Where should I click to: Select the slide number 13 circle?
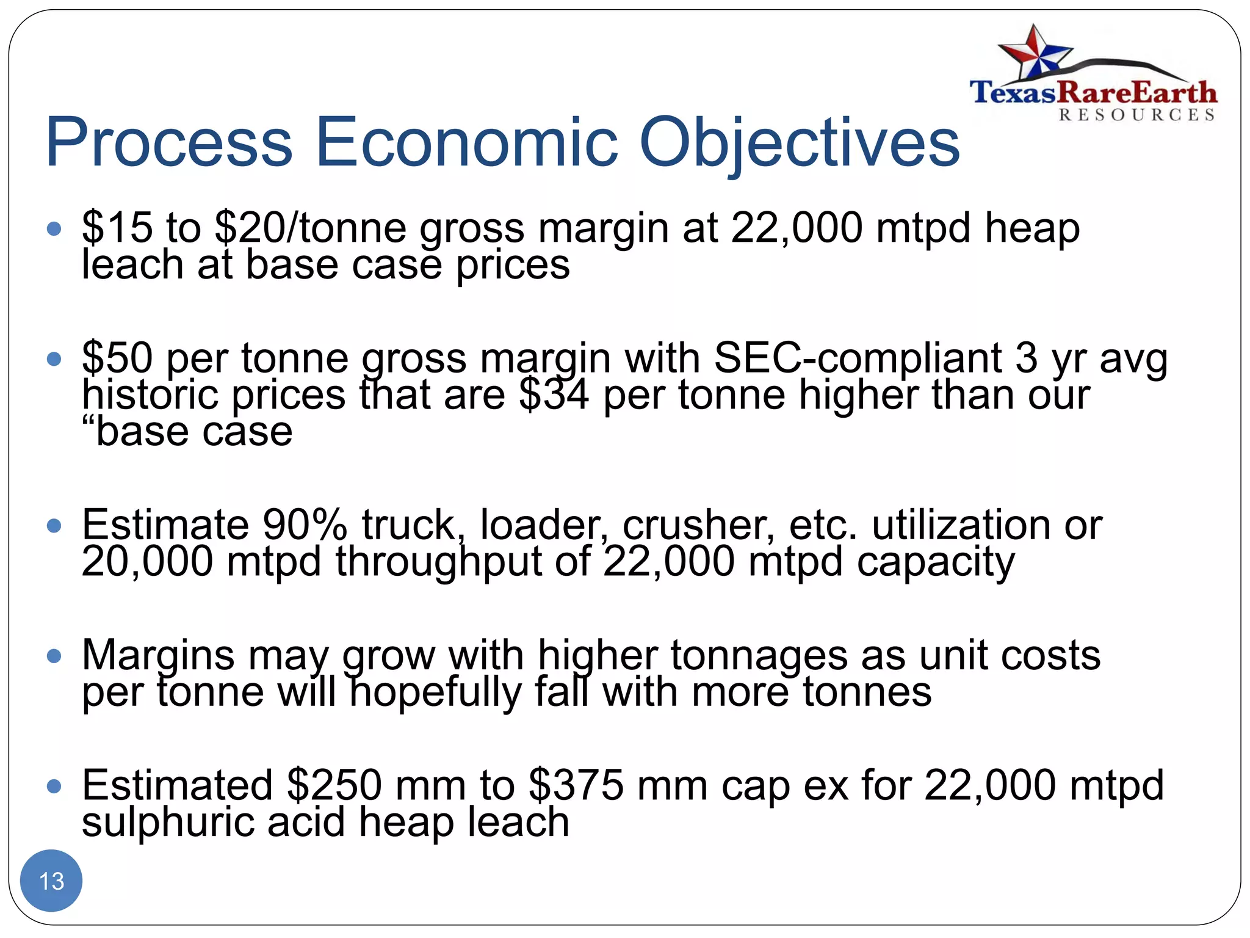pos(51,881)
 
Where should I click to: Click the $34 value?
pos(554,395)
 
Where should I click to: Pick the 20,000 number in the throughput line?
pos(147,561)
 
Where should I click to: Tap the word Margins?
pos(158,655)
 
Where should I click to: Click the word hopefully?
pos(435,693)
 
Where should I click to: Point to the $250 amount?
pos(334,785)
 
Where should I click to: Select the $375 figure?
pos(576,785)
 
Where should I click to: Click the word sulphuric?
pos(168,822)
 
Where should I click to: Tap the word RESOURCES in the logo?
pos(1136,115)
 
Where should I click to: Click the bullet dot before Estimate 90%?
pos(54,525)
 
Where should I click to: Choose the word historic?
pos(150,395)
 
